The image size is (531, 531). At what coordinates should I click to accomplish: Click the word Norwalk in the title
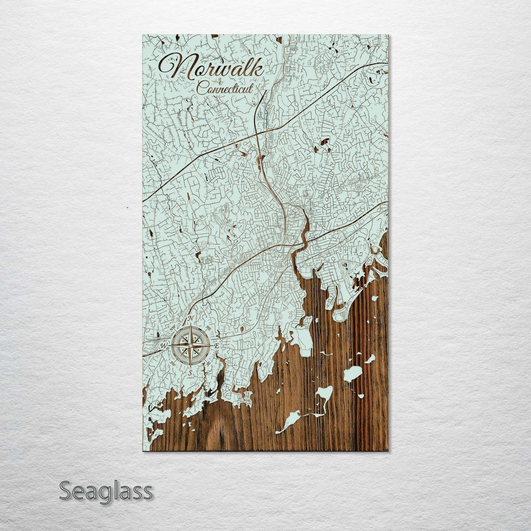[211, 67]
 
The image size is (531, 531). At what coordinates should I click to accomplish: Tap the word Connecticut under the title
[225, 89]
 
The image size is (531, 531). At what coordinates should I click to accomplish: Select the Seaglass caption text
[105, 491]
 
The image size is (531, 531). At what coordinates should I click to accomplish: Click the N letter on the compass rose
[190, 318]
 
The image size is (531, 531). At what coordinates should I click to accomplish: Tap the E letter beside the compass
[216, 346]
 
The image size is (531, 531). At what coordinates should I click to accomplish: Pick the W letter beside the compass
[164, 346]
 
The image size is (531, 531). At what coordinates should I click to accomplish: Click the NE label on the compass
[208, 327]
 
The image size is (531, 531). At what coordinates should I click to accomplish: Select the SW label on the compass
[172, 363]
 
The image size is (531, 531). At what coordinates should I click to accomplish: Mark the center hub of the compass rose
[190, 346]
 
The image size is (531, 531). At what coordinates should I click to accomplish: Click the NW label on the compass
[172, 327]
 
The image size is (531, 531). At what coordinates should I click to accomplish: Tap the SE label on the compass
[208, 363]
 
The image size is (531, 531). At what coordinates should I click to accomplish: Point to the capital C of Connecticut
[201, 88]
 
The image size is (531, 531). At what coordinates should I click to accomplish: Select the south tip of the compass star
[190, 367]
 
